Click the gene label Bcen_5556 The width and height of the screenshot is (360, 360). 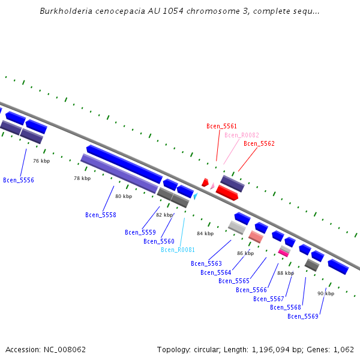coord(19,180)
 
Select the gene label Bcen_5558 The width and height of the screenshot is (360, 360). coord(101,215)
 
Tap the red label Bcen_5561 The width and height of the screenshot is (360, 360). coord(222,126)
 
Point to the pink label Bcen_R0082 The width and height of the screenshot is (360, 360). coord(242,135)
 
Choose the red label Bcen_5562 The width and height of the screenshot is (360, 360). coord(259,143)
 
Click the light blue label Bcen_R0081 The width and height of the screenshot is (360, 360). coord(178,250)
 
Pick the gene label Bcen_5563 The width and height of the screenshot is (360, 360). coord(206,263)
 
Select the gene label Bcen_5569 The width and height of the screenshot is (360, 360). coord(303,316)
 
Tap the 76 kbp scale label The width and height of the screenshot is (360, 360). coord(41,161)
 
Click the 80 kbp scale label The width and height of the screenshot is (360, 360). coord(124,196)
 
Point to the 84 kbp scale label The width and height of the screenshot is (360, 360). coord(205,233)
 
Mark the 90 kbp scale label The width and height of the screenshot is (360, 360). coord(326,293)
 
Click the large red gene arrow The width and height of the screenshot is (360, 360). coord(227,193)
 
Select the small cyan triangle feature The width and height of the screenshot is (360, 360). coord(195,196)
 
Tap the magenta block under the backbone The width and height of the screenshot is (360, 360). coord(284,253)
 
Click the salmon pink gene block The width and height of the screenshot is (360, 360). coord(256,237)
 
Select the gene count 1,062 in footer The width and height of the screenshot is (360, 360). coord(343,349)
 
